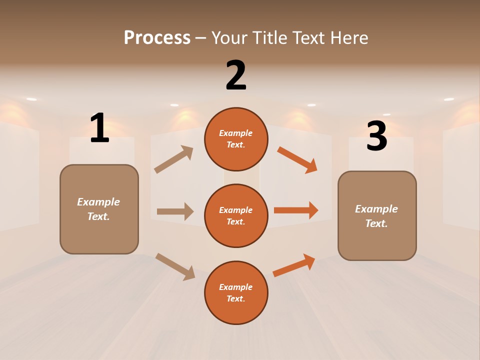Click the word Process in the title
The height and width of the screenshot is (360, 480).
pos(157,37)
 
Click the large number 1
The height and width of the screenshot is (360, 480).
pos(99,128)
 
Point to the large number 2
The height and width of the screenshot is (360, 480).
pos(236,75)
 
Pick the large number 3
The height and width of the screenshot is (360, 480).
pos(376,136)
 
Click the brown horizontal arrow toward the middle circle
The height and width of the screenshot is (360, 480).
pos(175,211)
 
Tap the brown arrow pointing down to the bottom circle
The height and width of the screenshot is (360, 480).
pos(175,266)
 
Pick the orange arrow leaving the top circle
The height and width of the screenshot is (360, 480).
pos(297,159)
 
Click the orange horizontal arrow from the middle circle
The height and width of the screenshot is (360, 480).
pos(296,210)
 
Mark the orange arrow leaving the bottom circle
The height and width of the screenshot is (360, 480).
pos(294,265)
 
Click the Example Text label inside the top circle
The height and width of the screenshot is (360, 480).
pos(236,139)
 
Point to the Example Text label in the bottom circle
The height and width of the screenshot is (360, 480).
pos(236,293)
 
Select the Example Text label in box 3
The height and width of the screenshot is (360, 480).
pos(376,216)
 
